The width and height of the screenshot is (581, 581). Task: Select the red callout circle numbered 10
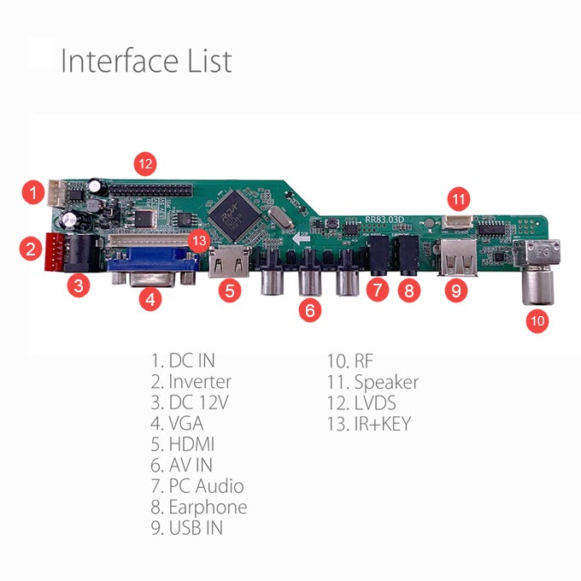(x=537, y=321)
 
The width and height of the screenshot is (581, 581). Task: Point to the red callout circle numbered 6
(x=311, y=310)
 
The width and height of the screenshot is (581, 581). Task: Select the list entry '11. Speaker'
(x=373, y=382)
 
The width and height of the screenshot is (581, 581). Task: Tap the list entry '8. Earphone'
(x=199, y=507)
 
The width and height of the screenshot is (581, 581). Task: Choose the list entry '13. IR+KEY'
(x=368, y=423)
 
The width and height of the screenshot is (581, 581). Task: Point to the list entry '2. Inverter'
(x=191, y=382)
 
